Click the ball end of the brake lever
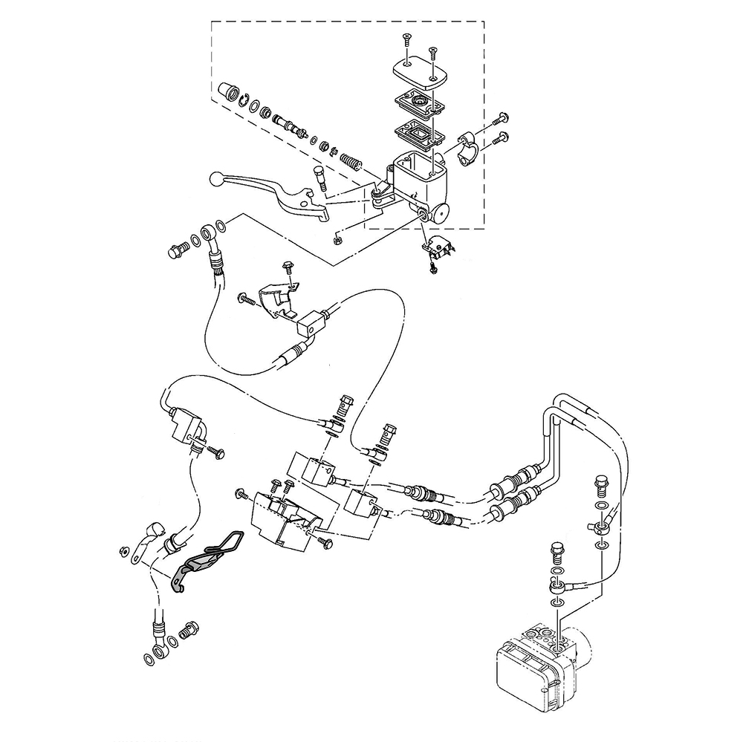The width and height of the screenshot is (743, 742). point(215,179)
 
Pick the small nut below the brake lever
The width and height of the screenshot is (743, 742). point(337,238)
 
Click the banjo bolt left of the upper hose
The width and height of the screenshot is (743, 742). point(177,251)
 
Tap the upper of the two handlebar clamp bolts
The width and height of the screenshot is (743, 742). point(500,118)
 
